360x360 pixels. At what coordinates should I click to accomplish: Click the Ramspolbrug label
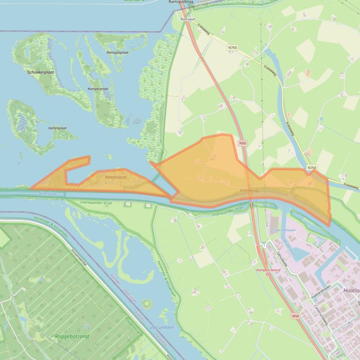point(182,2)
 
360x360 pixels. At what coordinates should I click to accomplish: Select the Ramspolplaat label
point(117,53)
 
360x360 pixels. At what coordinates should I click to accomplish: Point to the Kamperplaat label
point(98,88)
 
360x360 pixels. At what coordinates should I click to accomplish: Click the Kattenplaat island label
point(57,128)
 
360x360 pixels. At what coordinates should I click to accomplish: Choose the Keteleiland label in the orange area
point(116,177)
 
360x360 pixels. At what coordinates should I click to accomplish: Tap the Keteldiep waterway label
point(48,193)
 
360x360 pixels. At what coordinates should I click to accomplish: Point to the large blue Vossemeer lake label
point(162,328)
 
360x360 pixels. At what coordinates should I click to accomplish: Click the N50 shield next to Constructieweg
point(295,316)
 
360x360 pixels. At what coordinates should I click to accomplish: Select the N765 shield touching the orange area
point(312,167)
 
